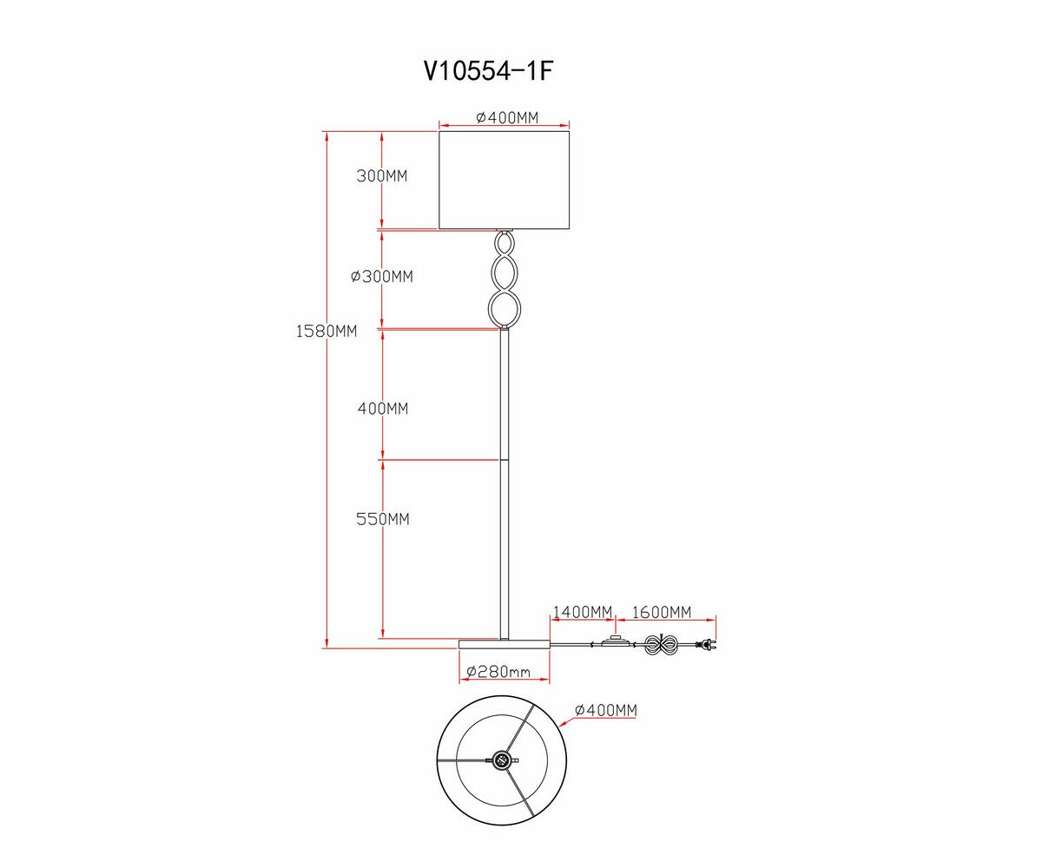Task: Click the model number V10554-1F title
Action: click(488, 71)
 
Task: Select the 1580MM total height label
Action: click(326, 331)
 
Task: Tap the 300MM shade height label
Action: click(381, 176)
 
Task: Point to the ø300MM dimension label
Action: click(381, 277)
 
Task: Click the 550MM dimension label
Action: click(382, 519)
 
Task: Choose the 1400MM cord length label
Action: click(583, 612)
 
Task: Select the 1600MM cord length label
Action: click(662, 612)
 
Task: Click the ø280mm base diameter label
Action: click(498, 672)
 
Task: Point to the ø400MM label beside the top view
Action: click(606, 710)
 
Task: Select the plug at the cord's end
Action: click(709, 645)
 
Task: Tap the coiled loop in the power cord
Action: click(661, 645)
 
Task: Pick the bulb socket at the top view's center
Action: click(502, 759)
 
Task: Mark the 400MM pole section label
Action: click(382, 408)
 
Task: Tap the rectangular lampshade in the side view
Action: click(504, 180)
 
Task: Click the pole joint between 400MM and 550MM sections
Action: click(504, 460)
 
